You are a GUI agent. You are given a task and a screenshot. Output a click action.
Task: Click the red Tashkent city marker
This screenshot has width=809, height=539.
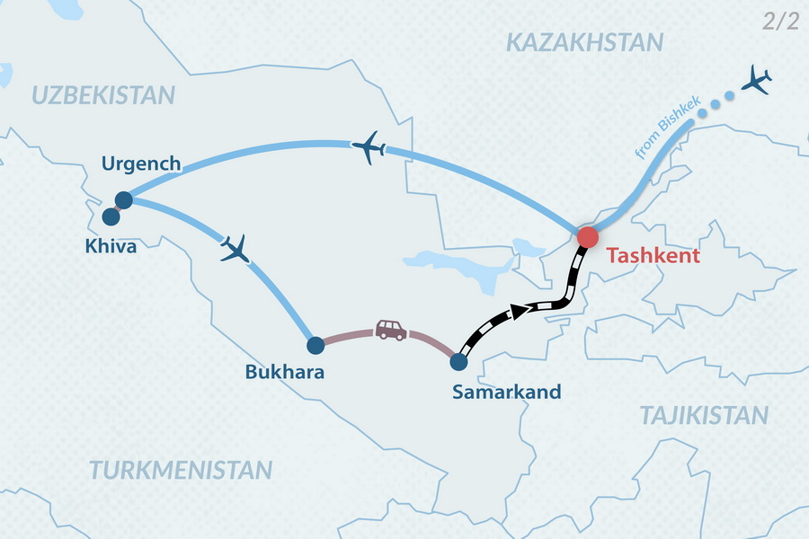[587, 237]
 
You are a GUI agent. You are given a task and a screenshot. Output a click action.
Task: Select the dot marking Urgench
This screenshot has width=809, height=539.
[124, 199]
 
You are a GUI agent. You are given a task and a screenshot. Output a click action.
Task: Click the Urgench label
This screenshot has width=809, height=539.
[141, 164]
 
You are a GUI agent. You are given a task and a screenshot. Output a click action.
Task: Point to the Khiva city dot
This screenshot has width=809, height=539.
[111, 216]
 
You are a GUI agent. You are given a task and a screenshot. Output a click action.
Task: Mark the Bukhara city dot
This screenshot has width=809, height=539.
[316, 344]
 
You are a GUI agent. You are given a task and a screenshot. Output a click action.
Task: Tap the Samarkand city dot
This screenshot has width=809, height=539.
[458, 362]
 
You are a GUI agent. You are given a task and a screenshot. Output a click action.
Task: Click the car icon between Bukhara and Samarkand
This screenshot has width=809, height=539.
[390, 330]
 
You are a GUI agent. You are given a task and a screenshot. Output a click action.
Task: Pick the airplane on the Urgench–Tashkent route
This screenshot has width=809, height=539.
[369, 147]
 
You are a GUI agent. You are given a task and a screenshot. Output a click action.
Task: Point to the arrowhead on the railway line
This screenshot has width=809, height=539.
[519, 311]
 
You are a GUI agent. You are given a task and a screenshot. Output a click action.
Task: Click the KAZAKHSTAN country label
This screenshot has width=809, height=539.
[584, 41]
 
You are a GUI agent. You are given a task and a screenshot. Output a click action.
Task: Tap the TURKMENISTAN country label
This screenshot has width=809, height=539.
[180, 469]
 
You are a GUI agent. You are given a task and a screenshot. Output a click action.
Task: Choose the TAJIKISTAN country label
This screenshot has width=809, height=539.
[704, 415]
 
